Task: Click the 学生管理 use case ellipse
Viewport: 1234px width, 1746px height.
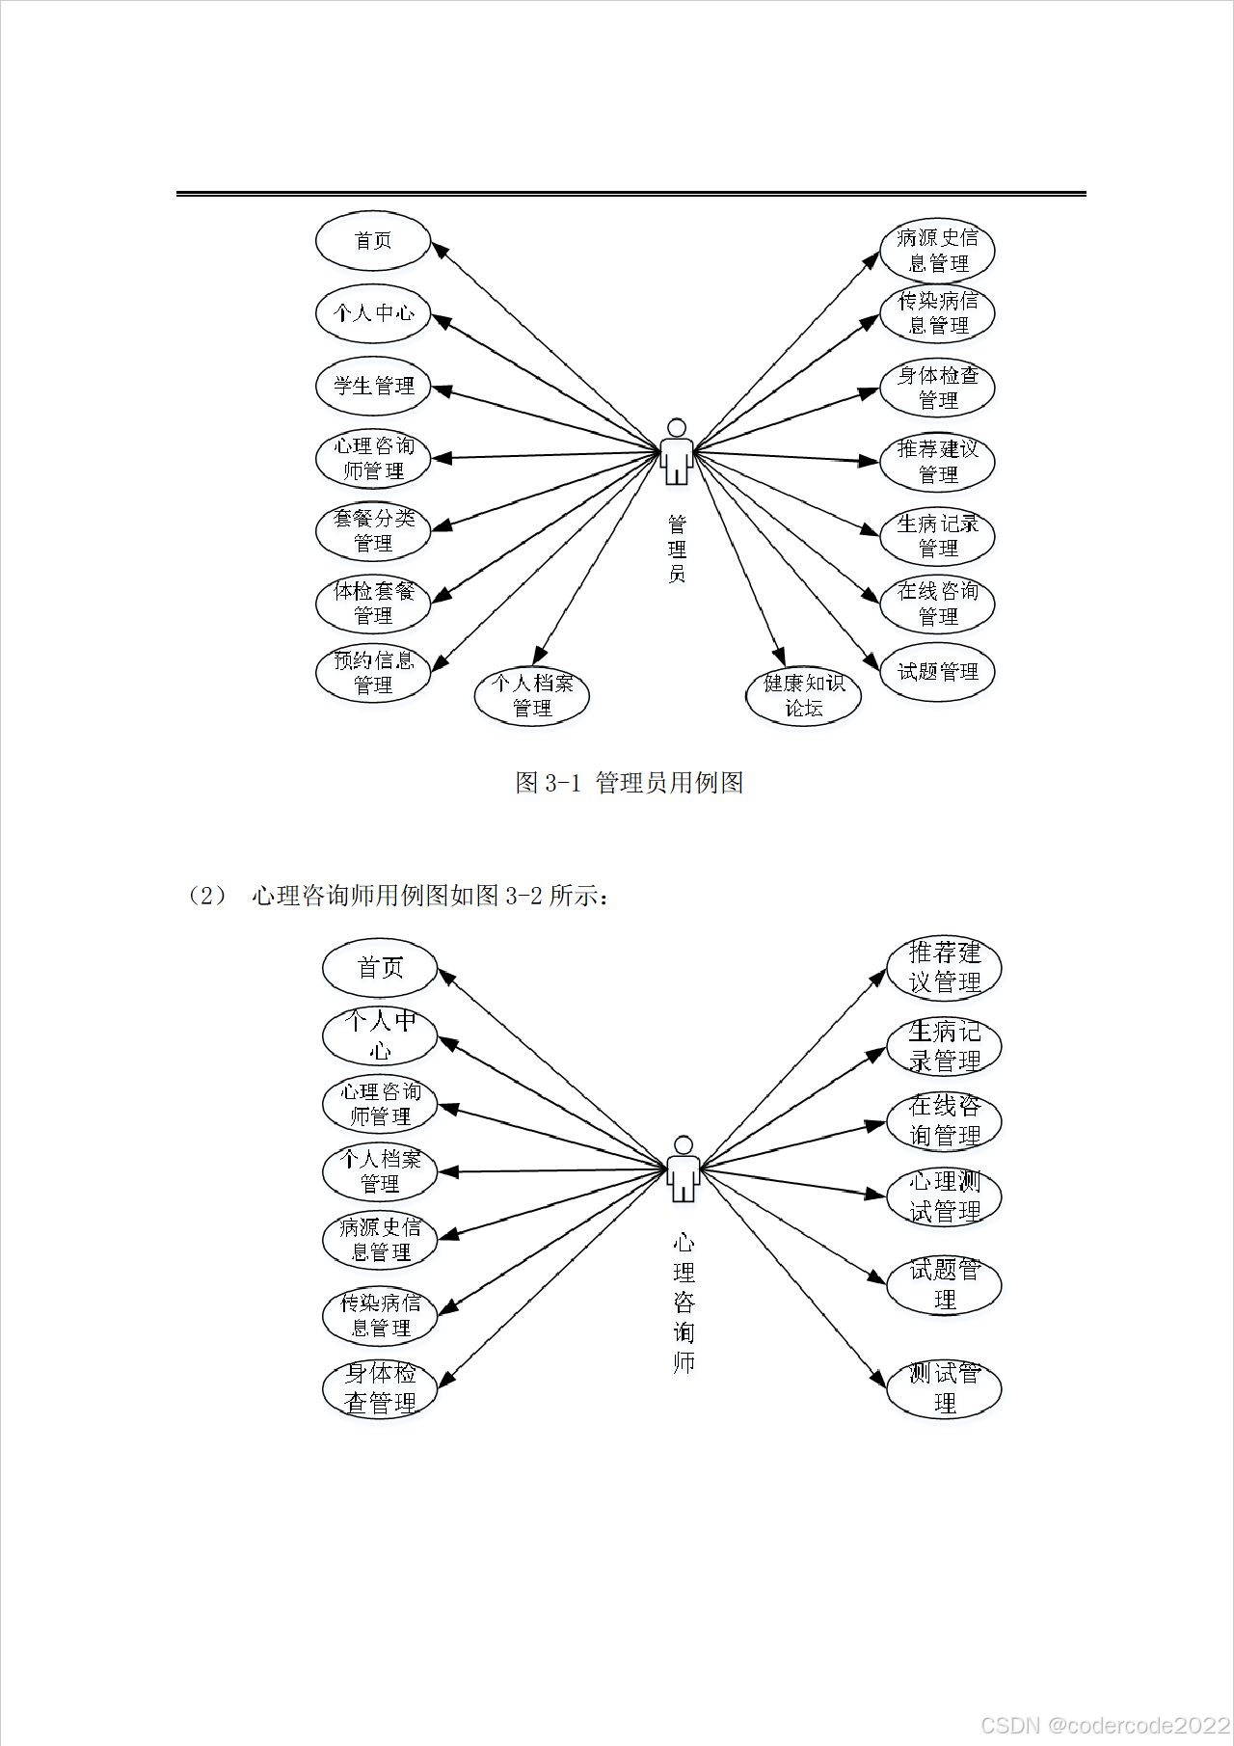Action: tap(373, 386)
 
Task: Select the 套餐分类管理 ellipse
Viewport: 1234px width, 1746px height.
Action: tap(373, 530)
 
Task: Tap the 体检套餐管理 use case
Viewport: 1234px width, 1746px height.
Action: tap(373, 603)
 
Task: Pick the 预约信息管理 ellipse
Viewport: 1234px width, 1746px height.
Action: tap(373, 673)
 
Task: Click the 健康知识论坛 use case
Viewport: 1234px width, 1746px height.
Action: tap(803, 695)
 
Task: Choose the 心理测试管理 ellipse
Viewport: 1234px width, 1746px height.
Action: tap(944, 1196)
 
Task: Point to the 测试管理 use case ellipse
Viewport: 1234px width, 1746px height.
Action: tap(944, 1388)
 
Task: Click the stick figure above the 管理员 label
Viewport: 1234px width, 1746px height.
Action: tap(677, 451)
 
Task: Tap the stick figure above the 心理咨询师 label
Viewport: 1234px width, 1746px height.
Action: tap(684, 1168)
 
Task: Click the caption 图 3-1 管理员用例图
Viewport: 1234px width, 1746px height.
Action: tap(629, 783)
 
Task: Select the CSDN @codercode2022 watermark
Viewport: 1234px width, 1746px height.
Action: tap(1105, 1724)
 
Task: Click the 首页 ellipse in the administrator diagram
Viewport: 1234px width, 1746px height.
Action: tap(373, 241)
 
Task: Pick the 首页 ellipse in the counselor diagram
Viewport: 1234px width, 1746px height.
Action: tap(380, 968)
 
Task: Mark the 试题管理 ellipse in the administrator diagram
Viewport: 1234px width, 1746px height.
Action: tap(937, 672)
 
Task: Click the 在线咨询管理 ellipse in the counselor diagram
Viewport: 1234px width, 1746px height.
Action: tap(944, 1120)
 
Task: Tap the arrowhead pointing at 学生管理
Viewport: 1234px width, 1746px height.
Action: tap(442, 389)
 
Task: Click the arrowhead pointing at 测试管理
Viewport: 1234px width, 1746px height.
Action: tap(878, 1380)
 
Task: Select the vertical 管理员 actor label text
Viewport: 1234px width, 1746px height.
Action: tap(677, 550)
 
